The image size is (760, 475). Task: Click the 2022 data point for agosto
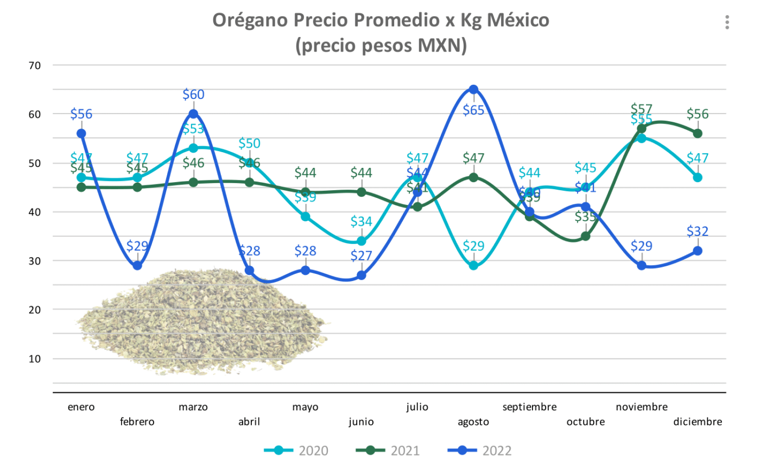[473, 90]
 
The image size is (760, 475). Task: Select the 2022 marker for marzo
[193, 114]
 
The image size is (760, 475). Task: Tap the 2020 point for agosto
[473, 266]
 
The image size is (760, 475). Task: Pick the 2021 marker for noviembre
[642, 129]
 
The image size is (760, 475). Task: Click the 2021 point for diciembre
[698, 134]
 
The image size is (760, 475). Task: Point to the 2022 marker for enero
[81, 134]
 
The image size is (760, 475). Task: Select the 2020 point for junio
[362, 241]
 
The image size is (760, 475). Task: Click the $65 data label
[473, 110]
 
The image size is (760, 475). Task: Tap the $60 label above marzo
[193, 95]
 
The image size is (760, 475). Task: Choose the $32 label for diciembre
[698, 232]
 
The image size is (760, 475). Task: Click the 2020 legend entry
[296, 451]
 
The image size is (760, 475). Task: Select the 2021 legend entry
[388, 451]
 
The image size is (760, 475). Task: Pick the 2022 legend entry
[480, 451]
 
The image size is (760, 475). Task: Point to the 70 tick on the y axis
[34, 66]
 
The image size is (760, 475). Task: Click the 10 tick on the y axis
[34, 359]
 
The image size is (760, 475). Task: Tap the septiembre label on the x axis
[529, 407]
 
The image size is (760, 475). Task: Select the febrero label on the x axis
[137, 422]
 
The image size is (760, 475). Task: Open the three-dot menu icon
[727, 22]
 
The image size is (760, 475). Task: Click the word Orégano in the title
[250, 20]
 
